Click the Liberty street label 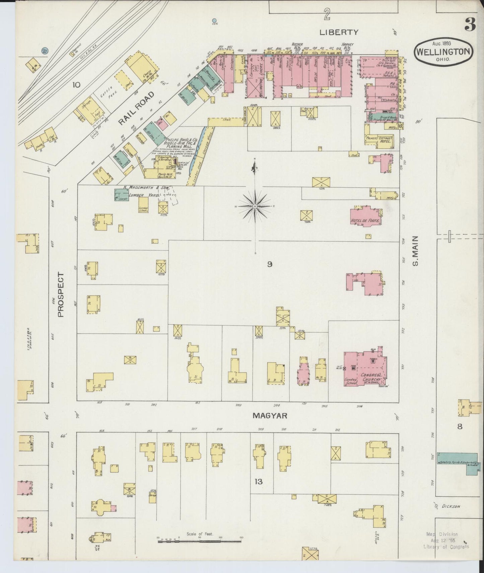(339, 33)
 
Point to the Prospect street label (61, 295)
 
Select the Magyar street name (270, 416)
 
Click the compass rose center (255, 206)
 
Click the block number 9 (269, 264)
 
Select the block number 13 (258, 482)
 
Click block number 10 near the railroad (76, 85)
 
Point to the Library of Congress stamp (445, 540)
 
